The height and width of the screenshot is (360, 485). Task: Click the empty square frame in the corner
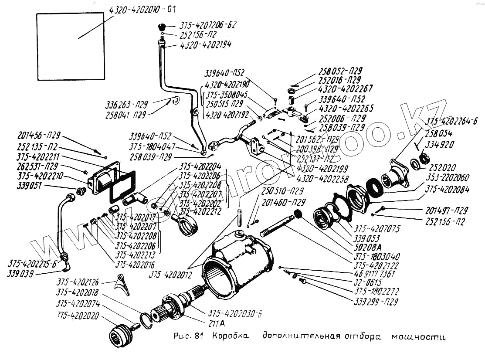[x=70, y=46]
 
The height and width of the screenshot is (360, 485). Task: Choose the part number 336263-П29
[x=126, y=105]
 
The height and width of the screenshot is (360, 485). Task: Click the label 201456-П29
[x=39, y=135]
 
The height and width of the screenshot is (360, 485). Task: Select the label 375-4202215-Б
[x=33, y=263]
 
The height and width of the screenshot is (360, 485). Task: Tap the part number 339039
[x=21, y=273]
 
